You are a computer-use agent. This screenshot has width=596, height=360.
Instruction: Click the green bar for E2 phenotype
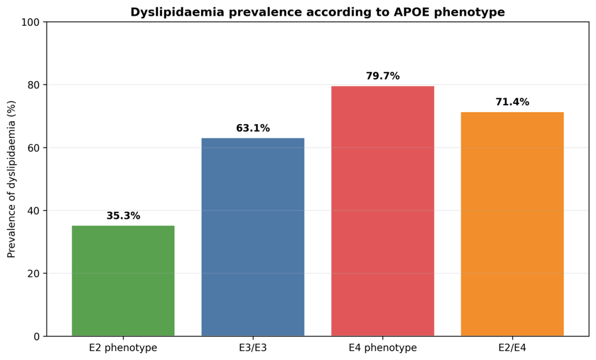(x=123, y=281)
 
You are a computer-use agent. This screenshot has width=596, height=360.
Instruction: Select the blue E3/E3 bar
(x=253, y=237)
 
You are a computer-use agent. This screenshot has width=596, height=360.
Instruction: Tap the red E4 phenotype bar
(x=383, y=211)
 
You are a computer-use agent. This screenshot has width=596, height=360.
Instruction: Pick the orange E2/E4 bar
(x=512, y=224)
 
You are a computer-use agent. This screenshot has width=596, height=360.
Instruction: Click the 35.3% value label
(x=123, y=216)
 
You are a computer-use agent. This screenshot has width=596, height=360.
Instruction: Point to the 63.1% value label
(x=253, y=128)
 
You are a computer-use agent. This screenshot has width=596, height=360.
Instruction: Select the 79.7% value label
(x=383, y=76)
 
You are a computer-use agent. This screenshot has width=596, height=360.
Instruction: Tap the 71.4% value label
(x=512, y=102)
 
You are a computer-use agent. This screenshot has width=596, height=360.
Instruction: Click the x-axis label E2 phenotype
(x=123, y=347)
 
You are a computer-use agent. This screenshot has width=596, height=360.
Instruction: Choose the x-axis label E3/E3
(x=253, y=347)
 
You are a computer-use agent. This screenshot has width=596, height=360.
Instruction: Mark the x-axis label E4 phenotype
(x=383, y=347)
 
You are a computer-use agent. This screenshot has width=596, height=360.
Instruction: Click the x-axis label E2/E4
(x=512, y=347)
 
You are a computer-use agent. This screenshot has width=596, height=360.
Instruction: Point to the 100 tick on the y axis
(x=30, y=23)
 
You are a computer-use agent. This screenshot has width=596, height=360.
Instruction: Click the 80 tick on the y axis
(x=33, y=85)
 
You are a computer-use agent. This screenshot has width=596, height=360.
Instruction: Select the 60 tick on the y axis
(x=33, y=148)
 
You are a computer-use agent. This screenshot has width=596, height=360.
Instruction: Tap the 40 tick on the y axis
(x=33, y=211)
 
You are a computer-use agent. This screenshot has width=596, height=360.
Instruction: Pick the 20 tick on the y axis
(x=33, y=273)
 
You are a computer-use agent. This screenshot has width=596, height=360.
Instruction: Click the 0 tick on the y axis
(x=37, y=337)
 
